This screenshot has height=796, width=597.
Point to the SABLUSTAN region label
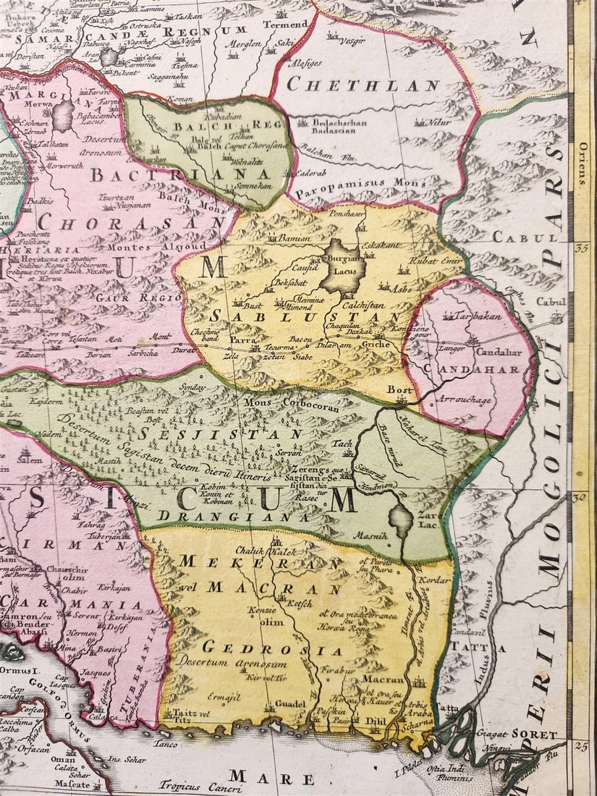tap(305, 316)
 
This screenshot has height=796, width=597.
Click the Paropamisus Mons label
tap(360, 184)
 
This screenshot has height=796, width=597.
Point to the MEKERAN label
tap(260, 562)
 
